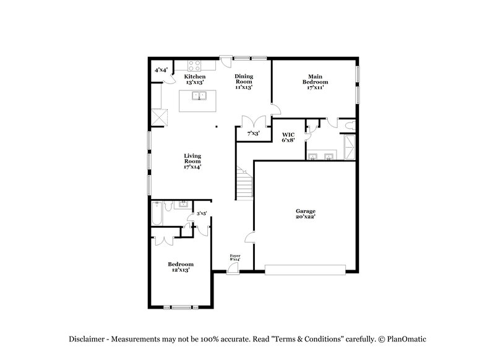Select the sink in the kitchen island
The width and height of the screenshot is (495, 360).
[x=199, y=96]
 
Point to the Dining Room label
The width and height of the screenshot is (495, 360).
[x=243, y=82]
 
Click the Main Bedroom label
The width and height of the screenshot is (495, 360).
[x=315, y=82]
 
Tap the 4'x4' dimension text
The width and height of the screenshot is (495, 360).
[x=161, y=70]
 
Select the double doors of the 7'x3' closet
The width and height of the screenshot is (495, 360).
[x=253, y=122]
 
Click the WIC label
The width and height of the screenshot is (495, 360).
[x=288, y=137]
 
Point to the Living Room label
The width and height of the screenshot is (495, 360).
[x=192, y=160]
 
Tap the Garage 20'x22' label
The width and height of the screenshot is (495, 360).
[x=305, y=213]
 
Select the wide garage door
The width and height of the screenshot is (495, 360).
[x=305, y=269]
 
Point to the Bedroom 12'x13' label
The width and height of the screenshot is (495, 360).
[x=181, y=267]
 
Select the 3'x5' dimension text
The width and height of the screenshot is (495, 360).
[x=200, y=213]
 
